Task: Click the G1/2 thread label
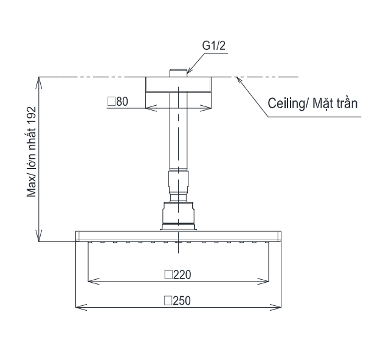click(213, 46)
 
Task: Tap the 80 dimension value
click(122, 102)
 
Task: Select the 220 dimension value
click(182, 275)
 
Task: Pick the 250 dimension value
click(182, 300)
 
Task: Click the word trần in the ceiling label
click(346, 103)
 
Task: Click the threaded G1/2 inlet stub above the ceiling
click(178, 73)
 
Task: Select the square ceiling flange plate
click(178, 85)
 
